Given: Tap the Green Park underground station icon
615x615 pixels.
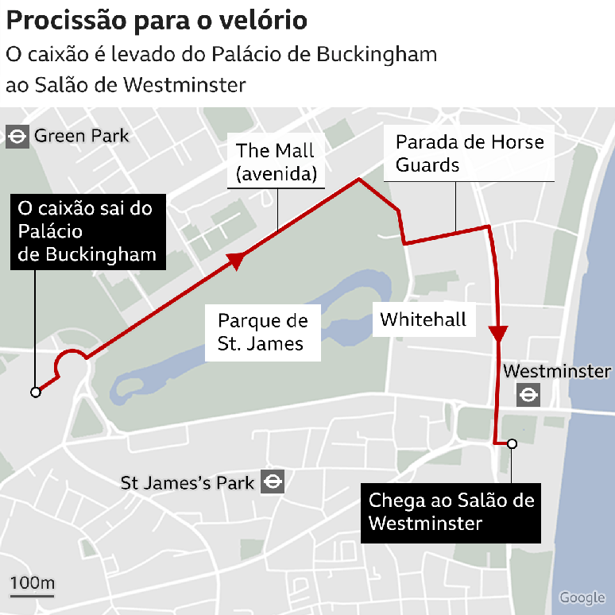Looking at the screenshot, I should tap(16, 137).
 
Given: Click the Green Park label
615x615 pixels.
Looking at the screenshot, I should tap(81, 137).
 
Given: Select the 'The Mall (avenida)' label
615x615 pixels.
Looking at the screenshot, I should tap(275, 161).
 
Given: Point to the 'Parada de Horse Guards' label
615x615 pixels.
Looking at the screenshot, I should tap(470, 153).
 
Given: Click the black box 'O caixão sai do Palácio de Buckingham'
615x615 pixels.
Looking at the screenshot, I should tap(86, 231).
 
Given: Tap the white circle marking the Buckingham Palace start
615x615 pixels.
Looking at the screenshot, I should tap(35, 392).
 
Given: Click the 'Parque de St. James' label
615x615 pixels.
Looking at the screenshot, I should tap(262, 332).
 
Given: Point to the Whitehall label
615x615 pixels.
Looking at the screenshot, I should tap(423, 319).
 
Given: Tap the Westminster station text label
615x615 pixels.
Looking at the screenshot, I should tap(557, 371).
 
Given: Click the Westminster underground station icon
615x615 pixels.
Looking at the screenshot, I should tap(528, 395).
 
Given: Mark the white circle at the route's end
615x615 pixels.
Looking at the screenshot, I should tap(512, 443).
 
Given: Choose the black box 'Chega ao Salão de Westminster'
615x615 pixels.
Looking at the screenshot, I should tap(451, 512).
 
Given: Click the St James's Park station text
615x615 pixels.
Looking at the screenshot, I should tap(188, 482).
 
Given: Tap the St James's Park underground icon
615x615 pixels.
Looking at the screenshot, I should tap(273, 482).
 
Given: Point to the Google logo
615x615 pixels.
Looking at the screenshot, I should tap(582, 598).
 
